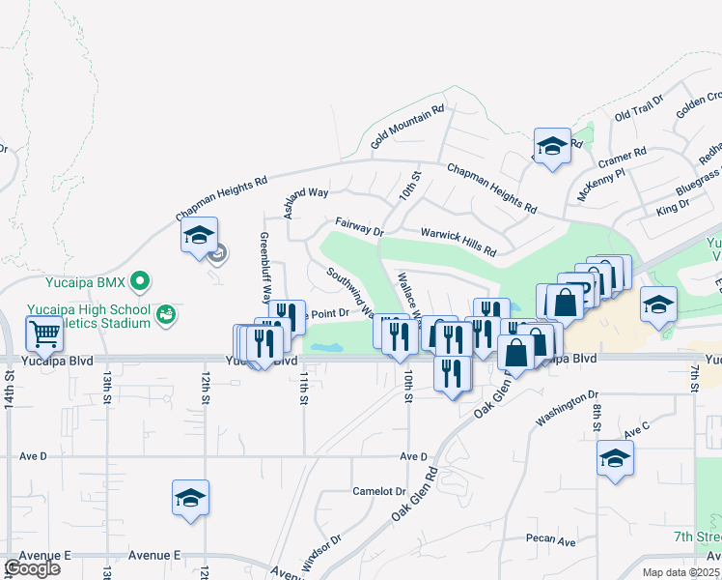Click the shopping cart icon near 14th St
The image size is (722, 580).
click(44, 335)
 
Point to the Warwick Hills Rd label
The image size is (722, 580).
click(458, 241)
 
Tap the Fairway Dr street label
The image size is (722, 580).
click(360, 227)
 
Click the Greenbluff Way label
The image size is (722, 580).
click(264, 265)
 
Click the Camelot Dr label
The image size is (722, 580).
click(379, 491)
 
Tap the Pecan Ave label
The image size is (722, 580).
click(551, 541)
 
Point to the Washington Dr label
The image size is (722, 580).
click(568, 410)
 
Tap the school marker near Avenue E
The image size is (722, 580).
click(191, 498)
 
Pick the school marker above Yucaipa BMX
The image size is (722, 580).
click(199, 236)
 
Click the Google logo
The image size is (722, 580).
click(33, 567)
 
